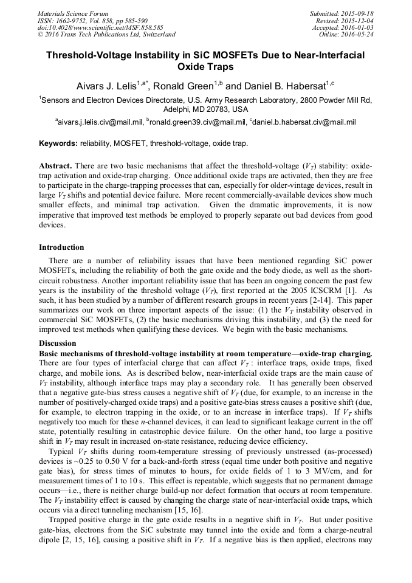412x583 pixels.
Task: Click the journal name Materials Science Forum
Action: pos(73,13)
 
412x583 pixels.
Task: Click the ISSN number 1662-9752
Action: pos(72,20)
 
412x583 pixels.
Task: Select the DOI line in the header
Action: pos(100,27)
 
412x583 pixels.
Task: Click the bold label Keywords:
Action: pos(58,144)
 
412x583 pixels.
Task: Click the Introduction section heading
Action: pos(61,247)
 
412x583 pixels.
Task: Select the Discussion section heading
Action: pos(58,343)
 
